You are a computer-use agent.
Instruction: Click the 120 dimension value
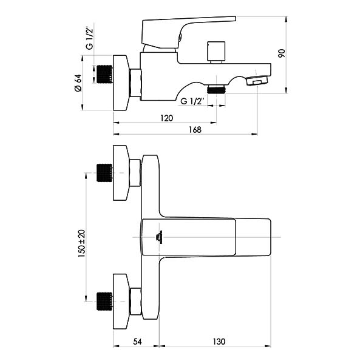click(166, 118)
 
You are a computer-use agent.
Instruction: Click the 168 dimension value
click(195, 130)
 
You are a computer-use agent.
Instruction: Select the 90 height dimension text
click(282, 53)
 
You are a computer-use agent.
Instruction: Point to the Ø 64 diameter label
click(78, 83)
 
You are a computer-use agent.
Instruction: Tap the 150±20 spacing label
click(82, 243)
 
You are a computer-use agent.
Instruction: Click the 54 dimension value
click(137, 342)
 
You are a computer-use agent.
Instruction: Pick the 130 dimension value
click(219, 342)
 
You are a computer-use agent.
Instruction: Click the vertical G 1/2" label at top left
click(90, 39)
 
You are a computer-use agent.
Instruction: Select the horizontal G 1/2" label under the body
click(192, 101)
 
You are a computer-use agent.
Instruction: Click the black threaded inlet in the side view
click(104, 74)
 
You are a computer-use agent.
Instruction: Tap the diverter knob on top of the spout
click(216, 52)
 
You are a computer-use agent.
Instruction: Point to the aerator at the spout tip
click(257, 80)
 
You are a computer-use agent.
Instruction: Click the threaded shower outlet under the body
click(216, 89)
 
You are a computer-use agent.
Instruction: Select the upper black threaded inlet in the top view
click(104, 173)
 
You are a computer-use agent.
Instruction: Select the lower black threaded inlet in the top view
click(104, 302)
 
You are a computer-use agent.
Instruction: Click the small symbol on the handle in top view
click(158, 237)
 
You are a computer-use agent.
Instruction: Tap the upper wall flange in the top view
click(121, 173)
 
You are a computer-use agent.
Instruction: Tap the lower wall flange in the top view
click(121, 302)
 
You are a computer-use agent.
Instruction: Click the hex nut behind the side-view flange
click(135, 83)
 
